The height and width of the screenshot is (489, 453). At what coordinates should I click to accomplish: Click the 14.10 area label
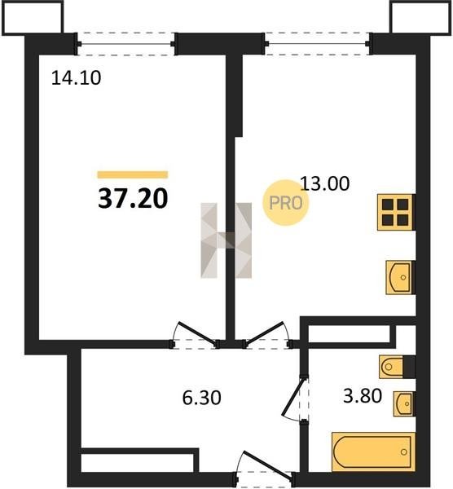coord(76,78)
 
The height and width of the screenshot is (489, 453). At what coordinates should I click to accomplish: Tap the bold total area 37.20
coord(133,199)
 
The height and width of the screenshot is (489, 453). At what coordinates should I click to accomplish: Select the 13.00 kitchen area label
coord(324,183)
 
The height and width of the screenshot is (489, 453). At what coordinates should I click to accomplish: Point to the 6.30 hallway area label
coord(202,398)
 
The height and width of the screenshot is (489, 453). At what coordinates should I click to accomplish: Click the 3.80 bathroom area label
coord(363,396)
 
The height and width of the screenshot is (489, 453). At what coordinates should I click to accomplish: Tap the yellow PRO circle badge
coord(286,203)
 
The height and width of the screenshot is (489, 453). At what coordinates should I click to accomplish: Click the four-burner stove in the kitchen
coord(395,213)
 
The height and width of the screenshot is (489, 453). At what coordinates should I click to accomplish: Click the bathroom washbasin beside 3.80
coord(403,404)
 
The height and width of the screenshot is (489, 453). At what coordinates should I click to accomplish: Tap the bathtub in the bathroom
coord(373,452)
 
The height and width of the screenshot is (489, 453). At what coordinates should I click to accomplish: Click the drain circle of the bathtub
coord(404,452)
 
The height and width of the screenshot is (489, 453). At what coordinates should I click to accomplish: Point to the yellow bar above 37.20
coord(133,174)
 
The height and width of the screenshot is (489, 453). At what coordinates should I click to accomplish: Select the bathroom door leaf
coord(293,397)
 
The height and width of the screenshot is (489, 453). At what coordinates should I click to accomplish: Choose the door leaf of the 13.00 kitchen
coord(265,333)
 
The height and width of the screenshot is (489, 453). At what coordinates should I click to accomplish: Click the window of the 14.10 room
coord(126,44)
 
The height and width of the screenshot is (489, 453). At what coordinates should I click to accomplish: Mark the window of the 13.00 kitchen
coord(318,44)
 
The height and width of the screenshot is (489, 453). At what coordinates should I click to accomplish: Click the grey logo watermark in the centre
coord(226,240)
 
